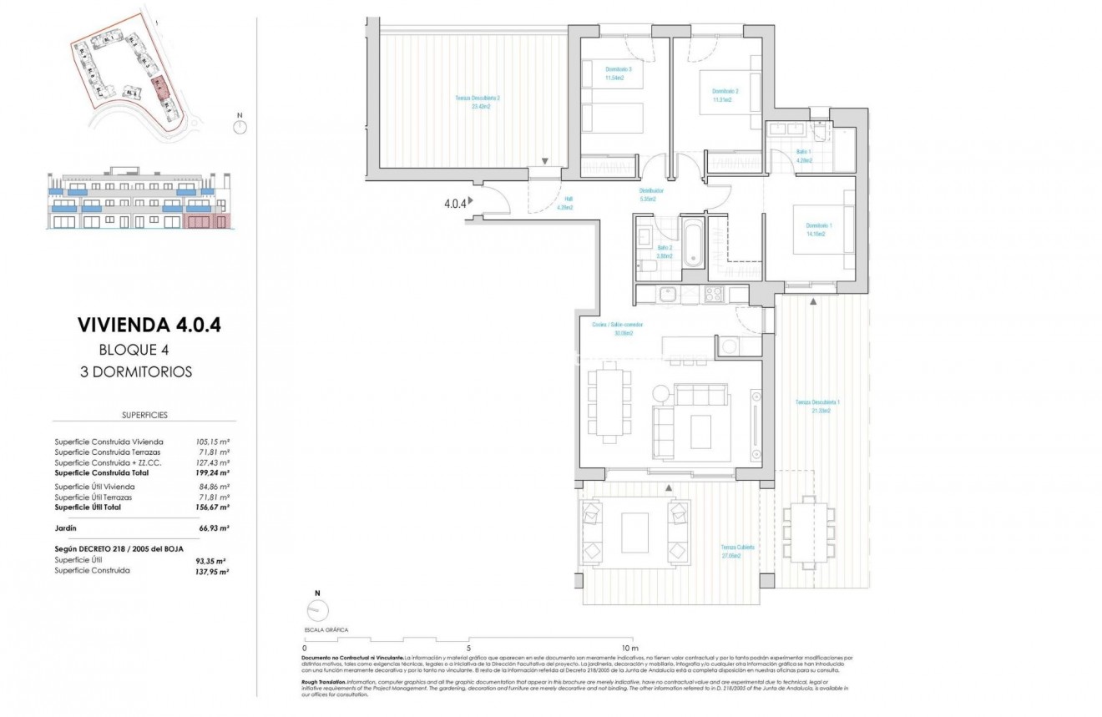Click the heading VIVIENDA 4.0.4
(x=149, y=325)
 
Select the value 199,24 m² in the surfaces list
(x=212, y=472)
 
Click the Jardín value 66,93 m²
(x=212, y=528)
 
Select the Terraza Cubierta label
(x=738, y=551)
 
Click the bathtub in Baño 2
(x=693, y=243)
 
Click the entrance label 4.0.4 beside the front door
(x=454, y=201)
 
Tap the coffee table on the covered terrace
(x=634, y=533)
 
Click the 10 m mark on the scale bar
(x=629, y=648)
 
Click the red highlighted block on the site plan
(x=159, y=87)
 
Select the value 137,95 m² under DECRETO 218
(x=212, y=571)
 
